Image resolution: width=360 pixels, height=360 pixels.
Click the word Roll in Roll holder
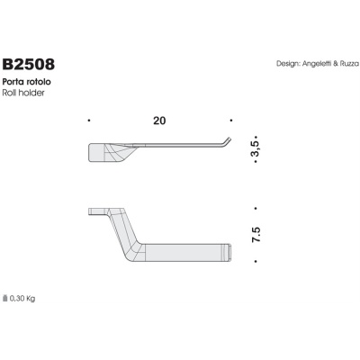click(11, 92)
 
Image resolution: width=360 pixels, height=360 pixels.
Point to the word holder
click(30, 92)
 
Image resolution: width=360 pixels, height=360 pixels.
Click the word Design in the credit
click(288, 65)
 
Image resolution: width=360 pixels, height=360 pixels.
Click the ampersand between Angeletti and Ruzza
click(335, 65)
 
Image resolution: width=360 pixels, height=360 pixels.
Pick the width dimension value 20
click(159, 120)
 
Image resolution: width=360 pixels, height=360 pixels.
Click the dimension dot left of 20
click(88, 121)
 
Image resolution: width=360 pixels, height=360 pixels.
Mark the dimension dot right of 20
click(232, 121)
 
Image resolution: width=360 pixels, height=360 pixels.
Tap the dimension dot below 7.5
click(256, 262)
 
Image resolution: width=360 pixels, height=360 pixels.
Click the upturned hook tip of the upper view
click(229, 139)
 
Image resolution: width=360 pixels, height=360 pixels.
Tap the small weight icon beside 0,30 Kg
click(4, 297)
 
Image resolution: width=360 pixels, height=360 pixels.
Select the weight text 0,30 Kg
click(22, 297)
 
